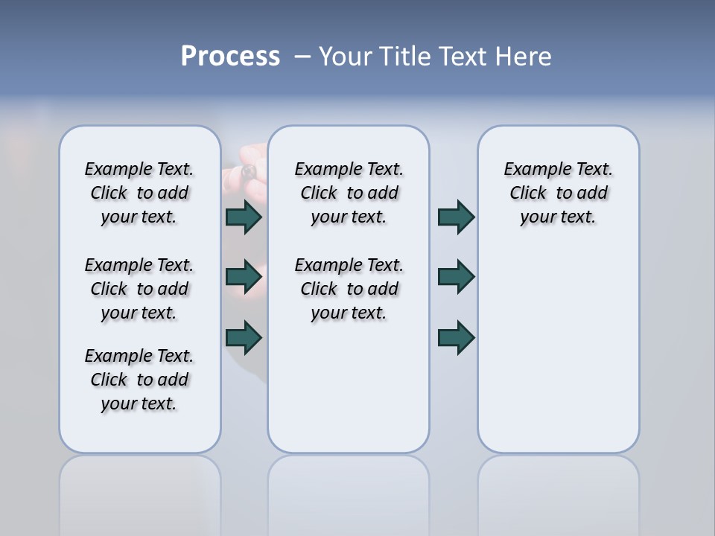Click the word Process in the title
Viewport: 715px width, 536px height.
230,57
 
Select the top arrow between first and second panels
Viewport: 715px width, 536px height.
244,217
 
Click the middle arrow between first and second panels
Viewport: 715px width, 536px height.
244,277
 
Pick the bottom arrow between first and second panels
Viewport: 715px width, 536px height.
244,336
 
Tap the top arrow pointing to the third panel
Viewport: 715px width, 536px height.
456,217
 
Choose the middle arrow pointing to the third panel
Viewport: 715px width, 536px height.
456,277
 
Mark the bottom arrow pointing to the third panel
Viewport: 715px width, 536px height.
456,336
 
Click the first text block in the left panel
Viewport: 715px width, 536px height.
139,193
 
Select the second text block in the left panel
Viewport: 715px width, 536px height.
139,289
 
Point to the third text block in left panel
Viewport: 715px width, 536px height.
139,380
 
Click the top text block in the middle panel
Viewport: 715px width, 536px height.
349,193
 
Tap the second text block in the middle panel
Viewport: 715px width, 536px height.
349,289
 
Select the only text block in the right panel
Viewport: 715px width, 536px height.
558,193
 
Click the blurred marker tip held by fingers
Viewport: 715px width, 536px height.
249,173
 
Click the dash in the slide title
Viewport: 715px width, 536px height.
302,57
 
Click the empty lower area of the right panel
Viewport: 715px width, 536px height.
558,357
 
